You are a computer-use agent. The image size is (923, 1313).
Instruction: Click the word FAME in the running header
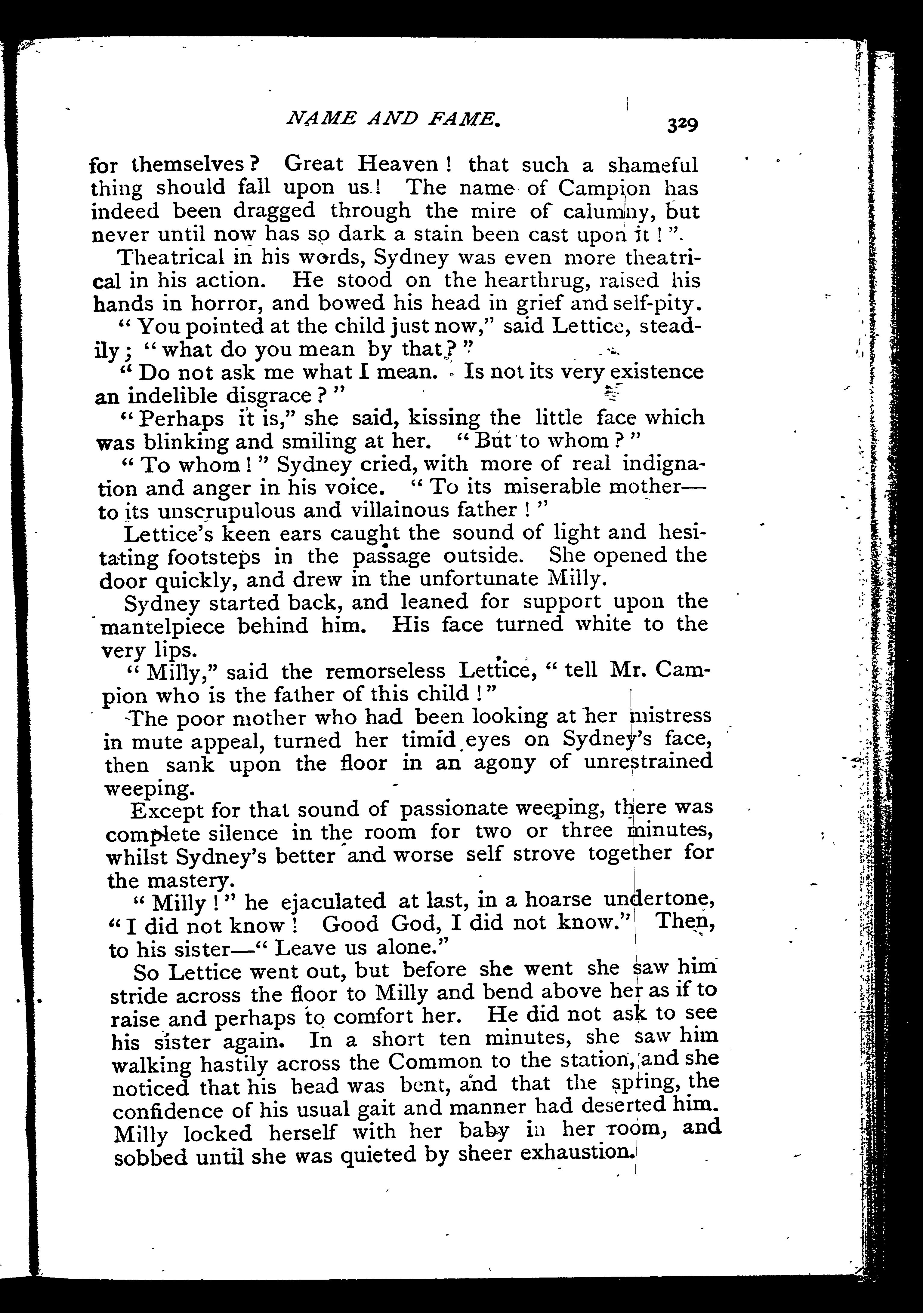(x=465, y=119)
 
